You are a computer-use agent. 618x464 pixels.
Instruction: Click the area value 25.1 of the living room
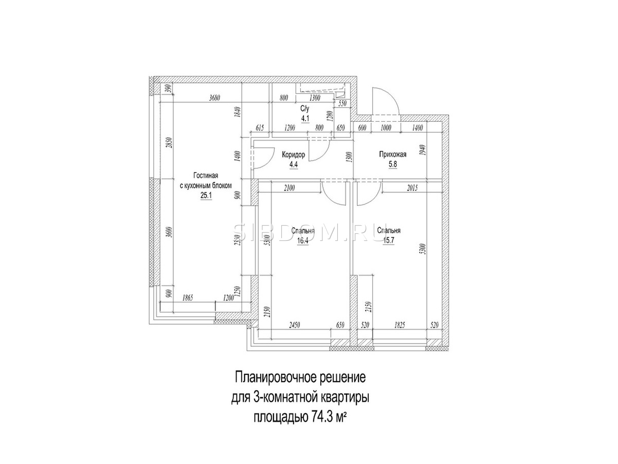(205, 195)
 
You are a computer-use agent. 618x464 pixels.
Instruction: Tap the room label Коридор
(294, 155)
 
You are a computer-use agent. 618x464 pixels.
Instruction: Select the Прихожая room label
(392, 154)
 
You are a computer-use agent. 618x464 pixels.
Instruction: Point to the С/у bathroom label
(305, 108)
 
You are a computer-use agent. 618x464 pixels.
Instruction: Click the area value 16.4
(303, 241)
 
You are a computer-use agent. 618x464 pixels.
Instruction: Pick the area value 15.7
(388, 241)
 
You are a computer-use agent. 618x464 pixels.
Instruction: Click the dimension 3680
(215, 98)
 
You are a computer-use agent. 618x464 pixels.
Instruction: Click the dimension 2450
(294, 325)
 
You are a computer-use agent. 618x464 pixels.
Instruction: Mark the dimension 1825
(399, 325)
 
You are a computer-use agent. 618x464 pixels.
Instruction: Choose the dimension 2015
(412, 188)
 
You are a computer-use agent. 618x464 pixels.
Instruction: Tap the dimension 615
(260, 128)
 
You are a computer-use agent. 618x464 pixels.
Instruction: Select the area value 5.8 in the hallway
(392, 164)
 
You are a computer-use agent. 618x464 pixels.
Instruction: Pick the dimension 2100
(289, 188)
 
